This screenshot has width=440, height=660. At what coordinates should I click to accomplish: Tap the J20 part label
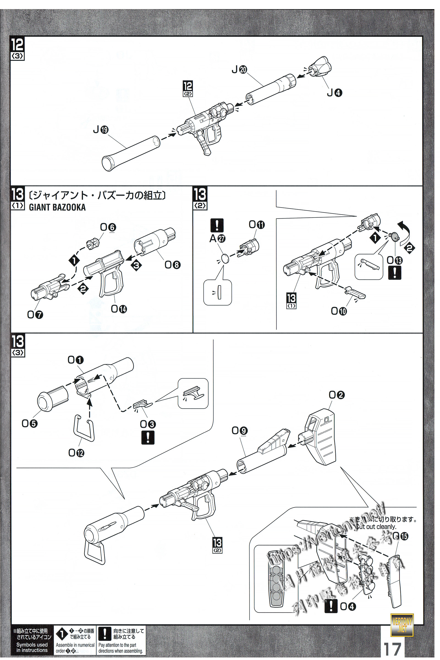pyautogui.click(x=239, y=69)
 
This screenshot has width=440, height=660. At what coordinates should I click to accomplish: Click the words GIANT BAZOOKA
pyautogui.click(x=57, y=207)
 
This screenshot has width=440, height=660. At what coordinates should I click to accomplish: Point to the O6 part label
pyautogui.click(x=108, y=227)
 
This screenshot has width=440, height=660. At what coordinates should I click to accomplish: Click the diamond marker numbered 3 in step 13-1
pyautogui.click(x=136, y=265)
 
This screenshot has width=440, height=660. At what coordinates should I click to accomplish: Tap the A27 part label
pyautogui.click(x=218, y=238)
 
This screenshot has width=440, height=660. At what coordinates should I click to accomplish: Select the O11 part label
pyautogui.click(x=257, y=224)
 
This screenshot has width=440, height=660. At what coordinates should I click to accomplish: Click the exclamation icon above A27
pyautogui.click(x=217, y=225)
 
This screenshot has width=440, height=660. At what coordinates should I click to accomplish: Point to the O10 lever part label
pyautogui.click(x=339, y=311)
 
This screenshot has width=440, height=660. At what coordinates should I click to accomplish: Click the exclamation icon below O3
pyautogui.click(x=148, y=438)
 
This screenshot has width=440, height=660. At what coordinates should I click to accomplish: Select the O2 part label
pyautogui.click(x=336, y=395)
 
